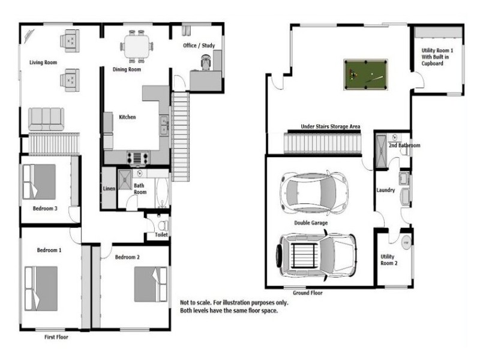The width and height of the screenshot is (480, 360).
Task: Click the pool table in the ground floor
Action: [366, 74]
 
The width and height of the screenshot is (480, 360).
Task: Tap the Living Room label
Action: [43, 62]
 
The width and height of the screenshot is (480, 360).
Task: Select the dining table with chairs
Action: [137, 47]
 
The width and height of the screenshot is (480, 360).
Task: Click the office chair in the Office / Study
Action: [206, 62]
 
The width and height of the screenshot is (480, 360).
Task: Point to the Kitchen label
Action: [127, 117]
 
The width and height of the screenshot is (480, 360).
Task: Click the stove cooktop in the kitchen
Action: [138, 158]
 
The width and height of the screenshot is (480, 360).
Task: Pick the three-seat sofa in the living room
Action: [46, 119]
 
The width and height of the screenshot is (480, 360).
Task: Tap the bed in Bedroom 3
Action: [39, 182]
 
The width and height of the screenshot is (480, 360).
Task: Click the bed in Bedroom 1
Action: [41, 289]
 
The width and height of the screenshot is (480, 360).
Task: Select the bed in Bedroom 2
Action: [151, 284]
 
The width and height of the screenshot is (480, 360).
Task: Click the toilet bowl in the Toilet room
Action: [163, 226]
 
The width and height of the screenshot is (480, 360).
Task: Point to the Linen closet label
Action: [109, 188]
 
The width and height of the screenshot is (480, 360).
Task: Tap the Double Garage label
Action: [311, 223]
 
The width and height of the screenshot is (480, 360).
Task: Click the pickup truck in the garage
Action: [317, 256]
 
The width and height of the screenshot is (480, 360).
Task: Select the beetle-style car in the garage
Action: [314, 193]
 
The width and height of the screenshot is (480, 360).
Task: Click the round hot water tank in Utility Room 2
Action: [406, 242]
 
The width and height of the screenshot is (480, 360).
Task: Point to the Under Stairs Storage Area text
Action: [331, 127]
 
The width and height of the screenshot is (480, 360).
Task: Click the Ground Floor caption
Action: [308, 293]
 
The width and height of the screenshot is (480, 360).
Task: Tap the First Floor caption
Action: [56, 337]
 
